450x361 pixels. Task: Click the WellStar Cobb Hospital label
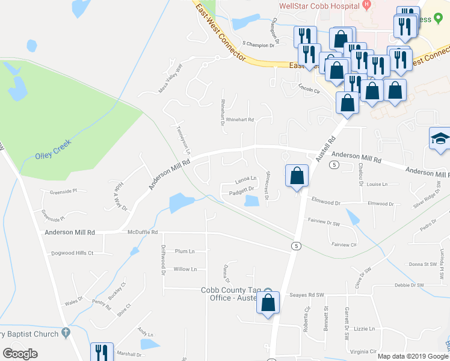(319, 6)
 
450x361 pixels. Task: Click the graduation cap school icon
(440, 139)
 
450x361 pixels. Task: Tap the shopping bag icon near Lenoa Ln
(297, 177)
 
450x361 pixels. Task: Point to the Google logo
(20, 353)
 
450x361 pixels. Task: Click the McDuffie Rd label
(143, 232)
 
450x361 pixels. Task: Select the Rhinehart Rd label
(243, 119)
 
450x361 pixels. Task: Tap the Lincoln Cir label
(309, 89)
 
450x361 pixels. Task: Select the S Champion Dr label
(258, 45)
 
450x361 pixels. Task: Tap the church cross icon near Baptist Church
(66, 332)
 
